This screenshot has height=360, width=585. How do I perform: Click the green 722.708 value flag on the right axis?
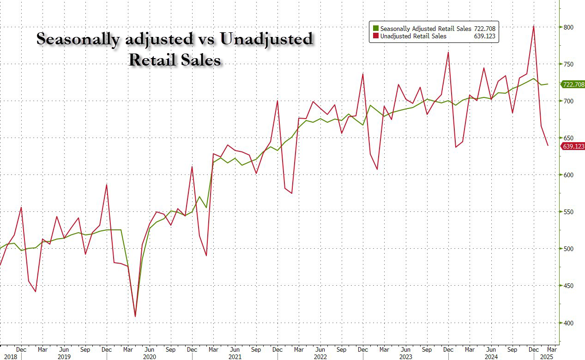(x=573, y=84)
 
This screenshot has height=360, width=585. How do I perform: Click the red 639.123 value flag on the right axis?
(x=573, y=146)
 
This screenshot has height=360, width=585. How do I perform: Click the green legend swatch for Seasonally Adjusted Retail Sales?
(x=376, y=29)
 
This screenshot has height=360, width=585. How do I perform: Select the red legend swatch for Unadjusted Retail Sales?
(x=376, y=36)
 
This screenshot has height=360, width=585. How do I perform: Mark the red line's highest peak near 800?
(x=534, y=26)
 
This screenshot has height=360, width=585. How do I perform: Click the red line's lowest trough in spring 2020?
(x=135, y=317)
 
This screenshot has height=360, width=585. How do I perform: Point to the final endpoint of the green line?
(x=548, y=84)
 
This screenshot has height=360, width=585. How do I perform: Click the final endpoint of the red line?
(x=548, y=146)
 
